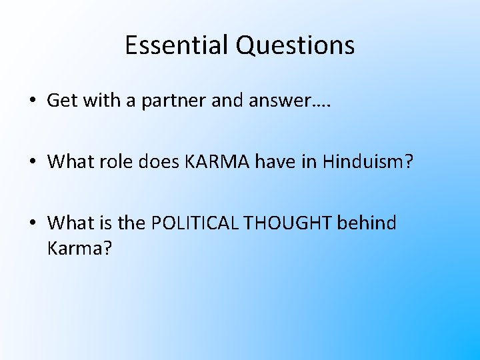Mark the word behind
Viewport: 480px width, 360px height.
(367, 223)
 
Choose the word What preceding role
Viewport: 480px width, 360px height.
(69, 161)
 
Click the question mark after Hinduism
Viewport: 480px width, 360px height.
(409, 161)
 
